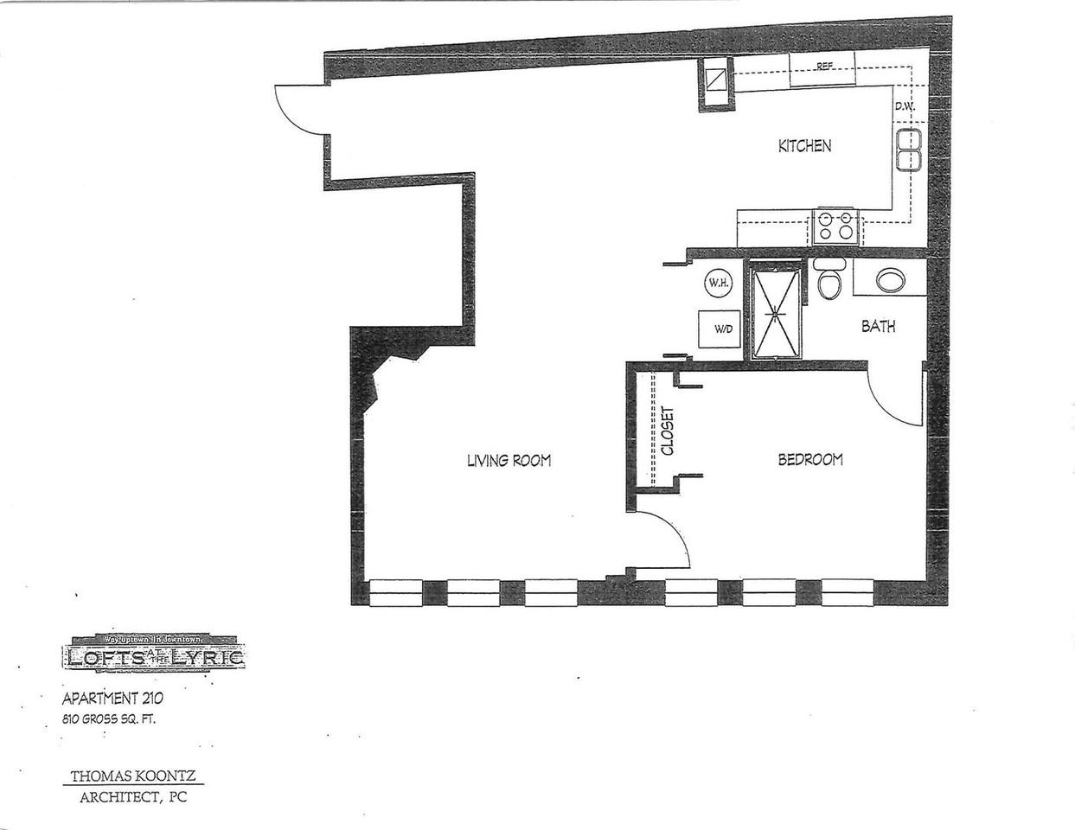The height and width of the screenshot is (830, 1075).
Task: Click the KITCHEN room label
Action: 804,146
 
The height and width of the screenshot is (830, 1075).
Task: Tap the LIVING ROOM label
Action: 509,461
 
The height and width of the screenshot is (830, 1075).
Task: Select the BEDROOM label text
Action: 809,460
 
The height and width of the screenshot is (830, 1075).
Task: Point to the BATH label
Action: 878,327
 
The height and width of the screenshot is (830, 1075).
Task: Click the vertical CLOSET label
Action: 668,431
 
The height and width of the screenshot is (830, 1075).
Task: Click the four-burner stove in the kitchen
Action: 835,226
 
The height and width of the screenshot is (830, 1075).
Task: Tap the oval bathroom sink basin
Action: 889,280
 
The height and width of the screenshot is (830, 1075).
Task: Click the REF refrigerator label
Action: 824,67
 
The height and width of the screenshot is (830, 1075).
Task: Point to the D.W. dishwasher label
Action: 905,107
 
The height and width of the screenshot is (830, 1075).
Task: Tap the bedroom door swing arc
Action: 662,539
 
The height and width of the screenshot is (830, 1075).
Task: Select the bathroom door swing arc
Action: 895,397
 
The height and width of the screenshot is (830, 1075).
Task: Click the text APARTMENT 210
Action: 112,699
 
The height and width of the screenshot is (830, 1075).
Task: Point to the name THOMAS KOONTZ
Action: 132,776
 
